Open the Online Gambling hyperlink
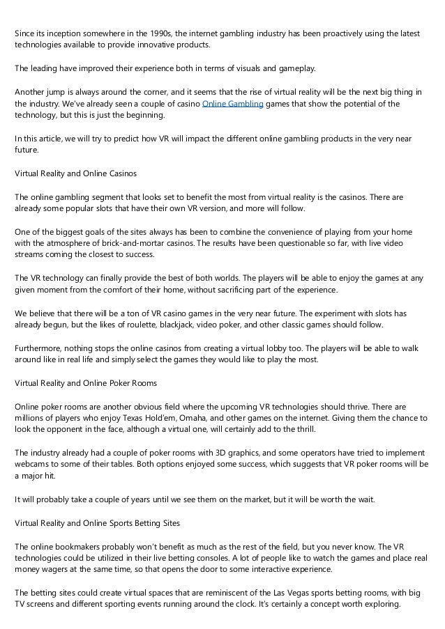pos(232,104)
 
